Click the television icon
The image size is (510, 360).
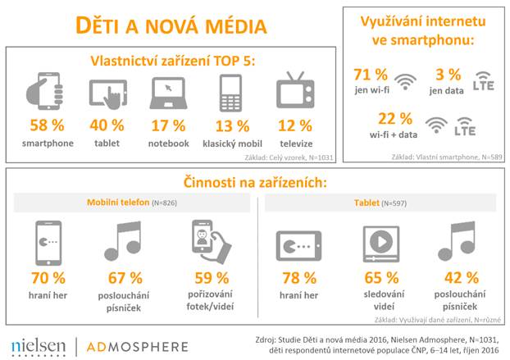[x=294, y=92]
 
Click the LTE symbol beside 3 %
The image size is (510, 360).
[x=485, y=83]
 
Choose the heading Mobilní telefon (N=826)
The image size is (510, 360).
[x=134, y=203]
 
